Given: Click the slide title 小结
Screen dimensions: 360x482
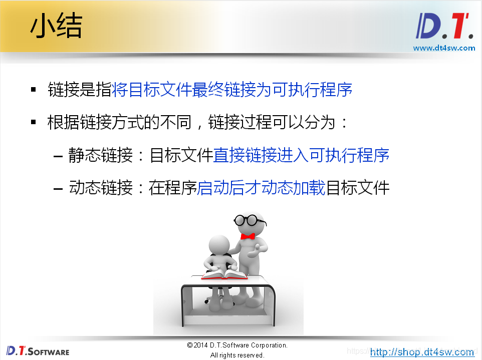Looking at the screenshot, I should (56, 27).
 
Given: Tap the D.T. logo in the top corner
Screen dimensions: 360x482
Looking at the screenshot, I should (444, 27).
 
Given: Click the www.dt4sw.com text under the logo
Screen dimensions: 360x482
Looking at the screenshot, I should (444, 48).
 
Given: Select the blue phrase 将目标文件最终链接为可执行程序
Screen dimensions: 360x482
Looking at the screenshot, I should (232, 90).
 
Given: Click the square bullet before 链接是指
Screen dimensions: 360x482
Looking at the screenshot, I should (34, 90).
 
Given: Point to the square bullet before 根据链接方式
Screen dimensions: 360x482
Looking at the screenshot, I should (34, 122).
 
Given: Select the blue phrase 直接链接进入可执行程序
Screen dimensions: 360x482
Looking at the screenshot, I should (301, 155).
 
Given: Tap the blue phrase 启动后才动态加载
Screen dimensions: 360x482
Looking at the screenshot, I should (262, 188).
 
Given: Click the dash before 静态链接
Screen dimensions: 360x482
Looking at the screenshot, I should (58, 156).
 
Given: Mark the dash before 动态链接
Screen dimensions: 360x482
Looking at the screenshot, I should (58, 189).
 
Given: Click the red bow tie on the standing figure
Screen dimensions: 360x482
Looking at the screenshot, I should (248, 236).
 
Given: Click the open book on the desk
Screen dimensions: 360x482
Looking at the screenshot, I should (224, 274).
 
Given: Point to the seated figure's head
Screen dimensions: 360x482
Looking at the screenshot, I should (219, 244).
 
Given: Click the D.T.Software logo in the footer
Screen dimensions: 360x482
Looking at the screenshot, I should (38, 350).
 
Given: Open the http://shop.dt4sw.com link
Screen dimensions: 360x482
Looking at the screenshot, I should (422, 352).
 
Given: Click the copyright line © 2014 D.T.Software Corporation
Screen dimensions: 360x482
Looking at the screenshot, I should (237, 345).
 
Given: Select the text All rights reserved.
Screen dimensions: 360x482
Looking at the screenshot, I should (237, 355).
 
